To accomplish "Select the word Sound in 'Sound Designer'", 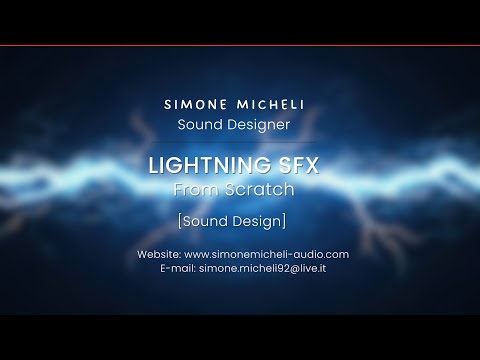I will pyautogui.click(x=201, y=125).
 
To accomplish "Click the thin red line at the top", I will pyautogui.click(x=240, y=46).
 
